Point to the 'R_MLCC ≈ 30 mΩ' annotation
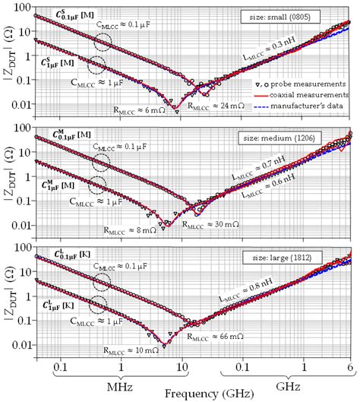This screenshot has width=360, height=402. pyautogui.click(x=210, y=225)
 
